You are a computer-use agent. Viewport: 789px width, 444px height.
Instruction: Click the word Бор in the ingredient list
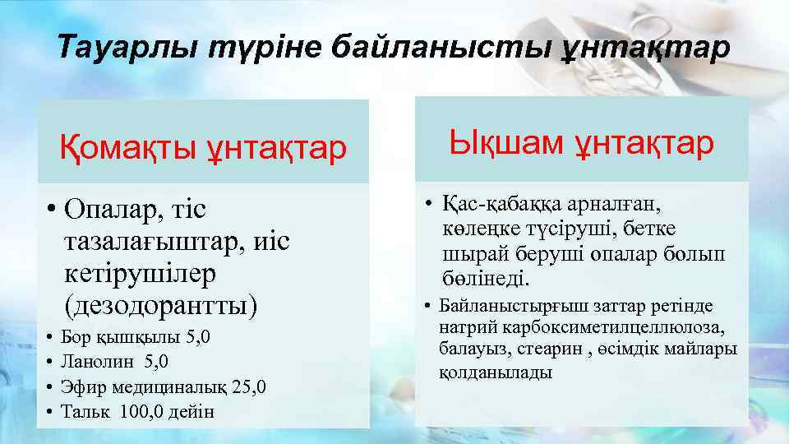tap(76, 338)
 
